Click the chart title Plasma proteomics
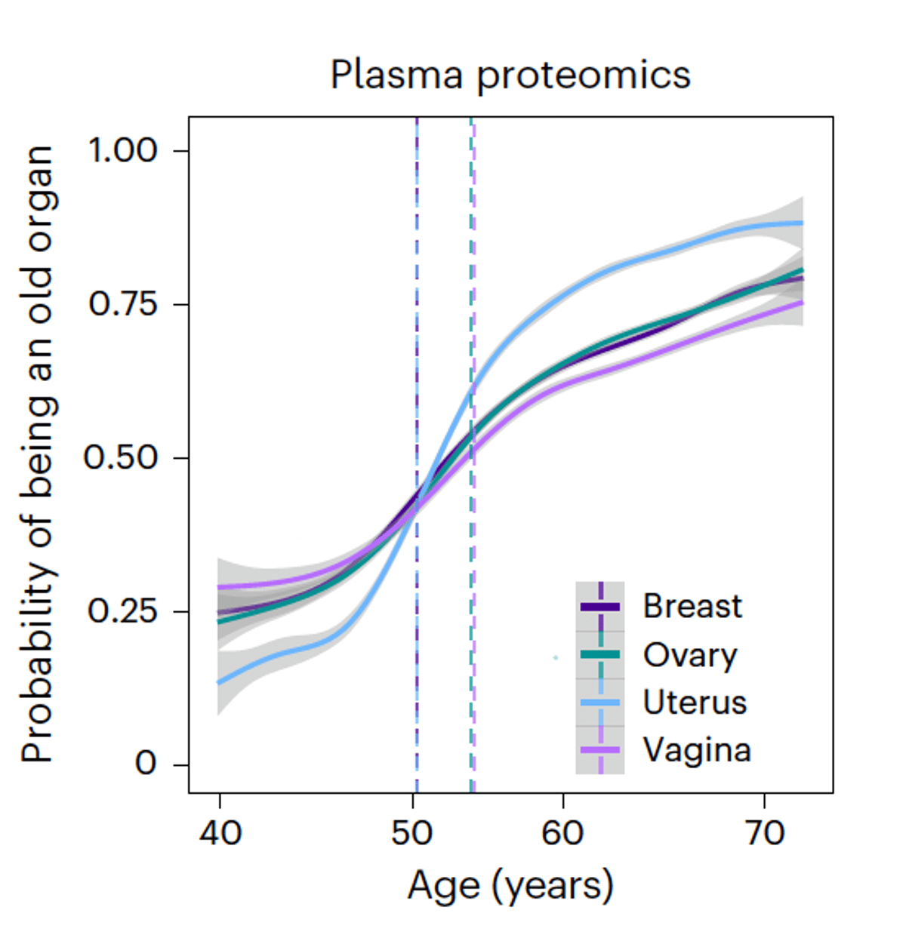510,75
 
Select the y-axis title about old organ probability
38,455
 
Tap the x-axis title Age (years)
510,885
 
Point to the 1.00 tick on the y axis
123,150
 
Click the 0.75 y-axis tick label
123,304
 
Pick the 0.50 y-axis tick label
121,457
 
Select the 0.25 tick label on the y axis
122,610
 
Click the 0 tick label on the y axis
145,764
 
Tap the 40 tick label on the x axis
220,833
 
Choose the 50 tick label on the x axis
412,833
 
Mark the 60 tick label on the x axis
562,833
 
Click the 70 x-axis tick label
764,833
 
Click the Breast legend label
692,606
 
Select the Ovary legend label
690,655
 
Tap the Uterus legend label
695,703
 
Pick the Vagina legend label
697,750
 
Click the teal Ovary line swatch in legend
600,654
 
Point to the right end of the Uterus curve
801,223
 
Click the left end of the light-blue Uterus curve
219,682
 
